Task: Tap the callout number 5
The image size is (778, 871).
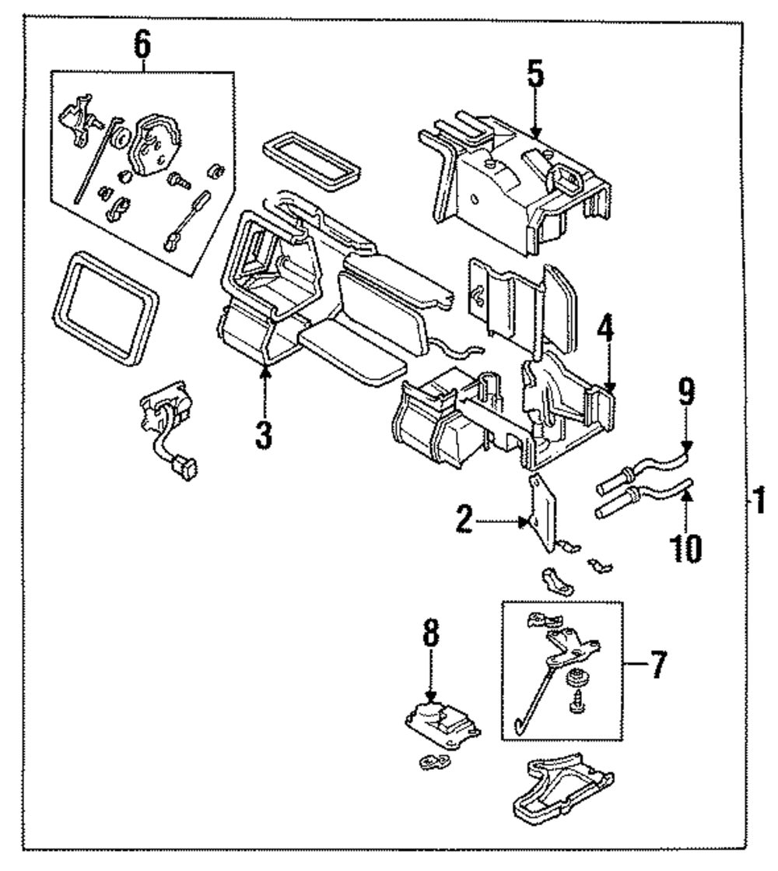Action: pyautogui.click(x=535, y=76)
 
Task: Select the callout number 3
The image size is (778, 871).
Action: pyautogui.click(x=265, y=434)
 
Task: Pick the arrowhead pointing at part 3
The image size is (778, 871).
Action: pyautogui.click(x=265, y=372)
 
